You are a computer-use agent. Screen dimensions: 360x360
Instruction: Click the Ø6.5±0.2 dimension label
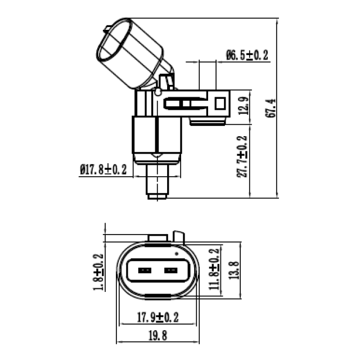click(247, 55)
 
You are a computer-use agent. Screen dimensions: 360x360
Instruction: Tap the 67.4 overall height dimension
click(271, 107)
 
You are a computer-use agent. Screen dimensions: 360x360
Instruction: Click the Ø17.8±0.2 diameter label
click(104, 169)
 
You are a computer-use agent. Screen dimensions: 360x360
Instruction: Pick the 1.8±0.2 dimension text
click(98, 272)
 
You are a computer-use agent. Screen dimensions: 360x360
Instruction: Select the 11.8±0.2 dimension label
click(214, 270)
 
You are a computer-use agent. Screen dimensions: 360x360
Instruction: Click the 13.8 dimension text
click(235, 270)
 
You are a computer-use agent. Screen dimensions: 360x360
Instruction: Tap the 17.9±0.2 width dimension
click(157, 318)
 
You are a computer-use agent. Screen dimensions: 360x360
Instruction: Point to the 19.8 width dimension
click(157, 336)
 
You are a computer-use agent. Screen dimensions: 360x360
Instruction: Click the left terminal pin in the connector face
click(145, 271)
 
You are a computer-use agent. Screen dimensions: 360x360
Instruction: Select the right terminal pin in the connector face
click(170, 271)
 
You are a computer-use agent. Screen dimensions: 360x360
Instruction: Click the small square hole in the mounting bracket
click(220, 103)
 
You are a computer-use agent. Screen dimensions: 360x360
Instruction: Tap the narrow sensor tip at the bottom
click(157, 183)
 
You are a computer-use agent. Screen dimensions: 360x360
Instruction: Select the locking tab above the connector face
click(179, 236)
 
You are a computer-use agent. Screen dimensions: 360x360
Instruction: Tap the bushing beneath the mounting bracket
click(208, 120)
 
